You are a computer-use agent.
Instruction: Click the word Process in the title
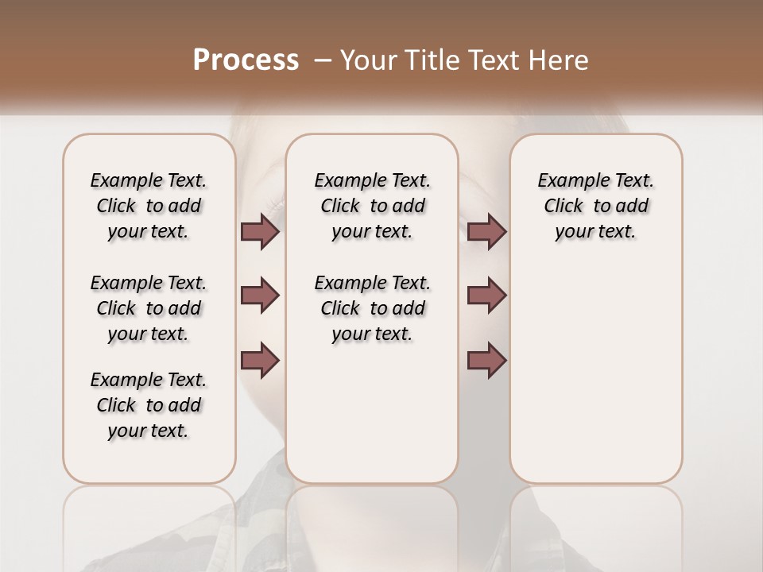246,60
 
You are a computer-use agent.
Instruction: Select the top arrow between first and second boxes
260,231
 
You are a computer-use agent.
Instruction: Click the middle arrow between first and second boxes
260,296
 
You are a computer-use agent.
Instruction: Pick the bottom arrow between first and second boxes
260,360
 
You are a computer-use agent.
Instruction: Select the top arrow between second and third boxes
486,231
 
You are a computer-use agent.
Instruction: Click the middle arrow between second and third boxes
486,296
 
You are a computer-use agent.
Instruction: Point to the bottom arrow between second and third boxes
486,360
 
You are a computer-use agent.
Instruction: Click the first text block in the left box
149,206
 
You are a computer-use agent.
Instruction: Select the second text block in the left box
149,308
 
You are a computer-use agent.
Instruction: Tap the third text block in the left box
149,405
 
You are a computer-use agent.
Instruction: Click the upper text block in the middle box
372,206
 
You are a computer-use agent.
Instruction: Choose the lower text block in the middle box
372,308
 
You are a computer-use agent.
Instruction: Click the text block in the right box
596,206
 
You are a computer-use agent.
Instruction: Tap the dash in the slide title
322,60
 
